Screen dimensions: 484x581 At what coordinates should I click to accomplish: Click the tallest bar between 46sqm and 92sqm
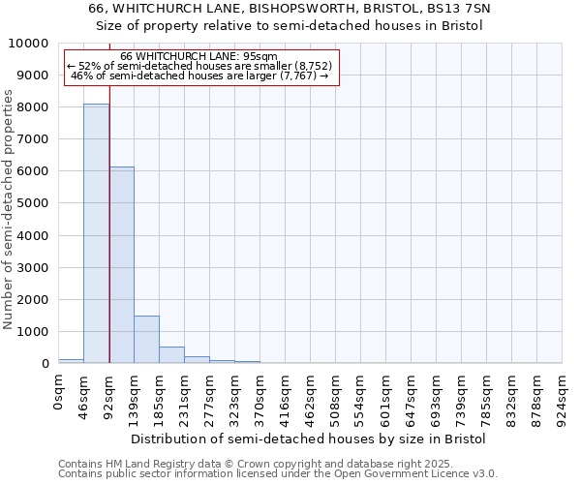point(96,233)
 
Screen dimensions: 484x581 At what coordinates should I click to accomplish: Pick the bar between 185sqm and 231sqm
point(171,354)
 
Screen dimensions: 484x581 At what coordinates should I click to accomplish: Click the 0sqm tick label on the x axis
point(59,394)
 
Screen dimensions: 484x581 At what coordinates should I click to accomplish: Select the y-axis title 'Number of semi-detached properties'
point(9,209)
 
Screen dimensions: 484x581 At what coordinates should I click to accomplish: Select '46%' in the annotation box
point(81,76)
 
